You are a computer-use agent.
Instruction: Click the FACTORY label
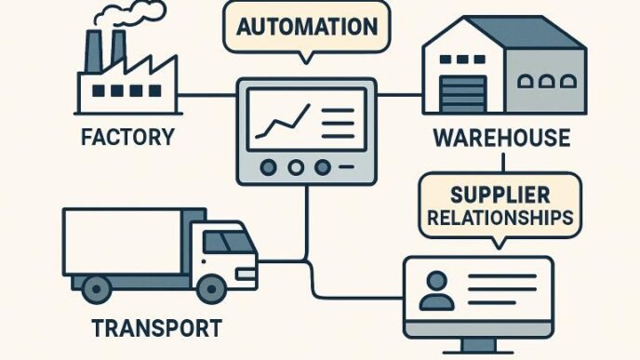pos(127,138)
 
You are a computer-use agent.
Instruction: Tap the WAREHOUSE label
pos(501,139)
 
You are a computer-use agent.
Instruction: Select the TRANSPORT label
pos(157,327)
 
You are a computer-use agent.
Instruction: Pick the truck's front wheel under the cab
pos(210,283)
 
